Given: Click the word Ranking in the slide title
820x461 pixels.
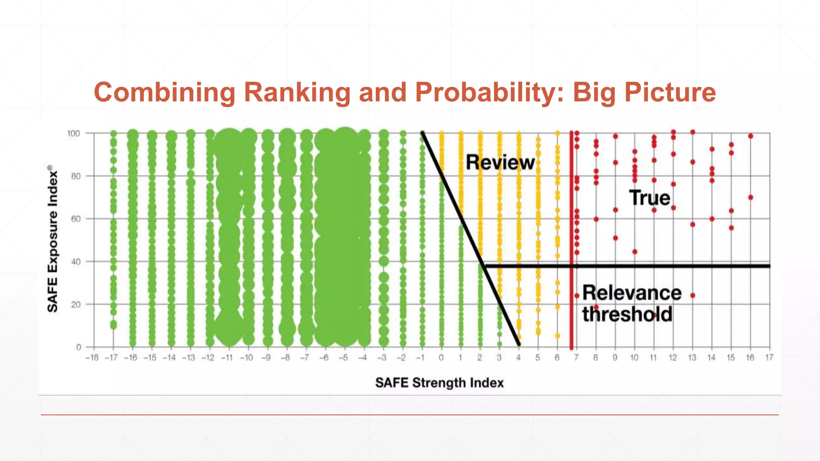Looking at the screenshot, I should pyautogui.click(x=297, y=92).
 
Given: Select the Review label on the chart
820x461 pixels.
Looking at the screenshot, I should pyautogui.click(x=500, y=162).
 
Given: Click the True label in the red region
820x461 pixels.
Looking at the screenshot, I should pyautogui.click(x=649, y=198).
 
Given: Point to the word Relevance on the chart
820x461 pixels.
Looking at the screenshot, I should pyautogui.click(x=632, y=293).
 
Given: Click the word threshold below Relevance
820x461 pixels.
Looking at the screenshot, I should pyautogui.click(x=627, y=314).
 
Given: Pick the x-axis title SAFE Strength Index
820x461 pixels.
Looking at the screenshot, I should pyautogui.click(x=439, y=383).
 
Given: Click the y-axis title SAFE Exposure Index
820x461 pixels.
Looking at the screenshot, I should pyautogui.click(x=52, y=239).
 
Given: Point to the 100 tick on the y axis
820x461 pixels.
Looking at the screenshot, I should pyautogui.click(x=73, y=133).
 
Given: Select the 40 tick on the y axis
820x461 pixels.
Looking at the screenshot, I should pyautogui.click(x=76, y=262).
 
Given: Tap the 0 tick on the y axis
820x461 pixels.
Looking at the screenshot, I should pyautogui.click(x=78, y=347).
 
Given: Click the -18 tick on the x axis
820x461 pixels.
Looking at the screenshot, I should pyautogui.click(x=92, y=358).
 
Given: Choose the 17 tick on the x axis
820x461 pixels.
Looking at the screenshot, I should pyautogui.click(x=769, y=358).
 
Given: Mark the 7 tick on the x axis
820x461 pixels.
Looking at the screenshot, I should pyautogui.click(x=576, y=358).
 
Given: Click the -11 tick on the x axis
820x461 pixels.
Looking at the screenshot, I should pyautogui.click(x=227, y=358).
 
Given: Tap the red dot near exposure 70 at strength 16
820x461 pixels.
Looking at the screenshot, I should pyautogui.click(x=751, y=198).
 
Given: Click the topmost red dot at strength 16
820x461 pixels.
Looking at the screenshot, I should pyautogui.click(x=751, y=136).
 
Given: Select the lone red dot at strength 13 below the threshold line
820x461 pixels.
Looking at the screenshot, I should pyautogui.click(x=693, y=295).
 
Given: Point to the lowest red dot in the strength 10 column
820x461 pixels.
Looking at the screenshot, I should pyautogui.click(x=635, y=252).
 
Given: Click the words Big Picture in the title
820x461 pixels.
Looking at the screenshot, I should pyautogui.click(x=644, y=92).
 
